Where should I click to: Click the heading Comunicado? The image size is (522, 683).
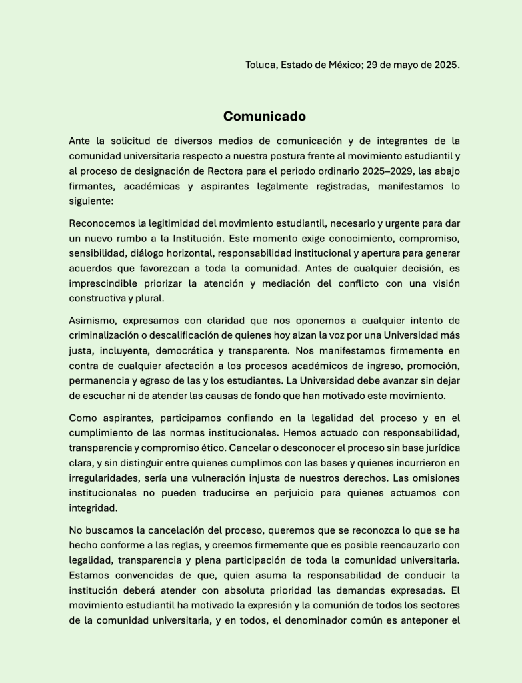click(x=264, y=117)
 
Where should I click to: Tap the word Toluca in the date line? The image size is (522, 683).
click(x=261, y=65)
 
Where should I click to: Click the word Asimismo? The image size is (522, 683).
click(x=93, y=321)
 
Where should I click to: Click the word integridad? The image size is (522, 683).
click(x=93, y=507)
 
